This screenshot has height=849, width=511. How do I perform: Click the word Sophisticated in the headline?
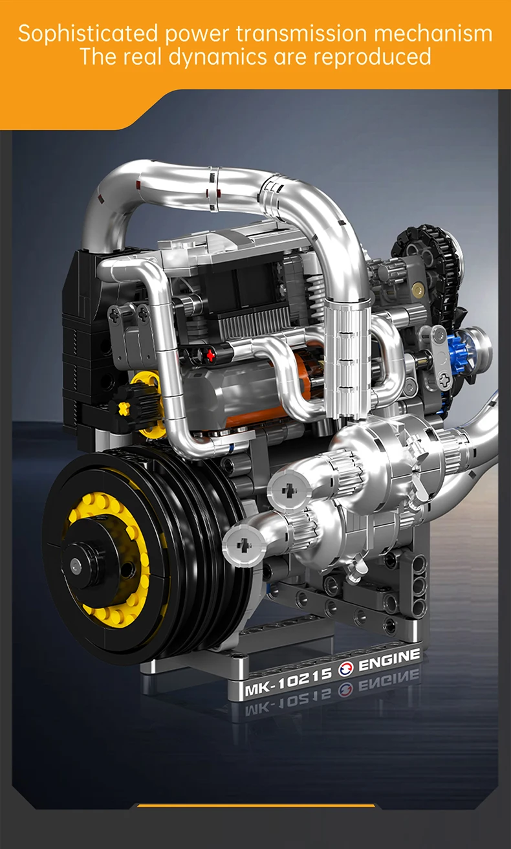point(88,34)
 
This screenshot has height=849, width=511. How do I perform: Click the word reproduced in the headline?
point(372,57)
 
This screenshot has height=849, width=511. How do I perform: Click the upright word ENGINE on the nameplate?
point(389,659)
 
